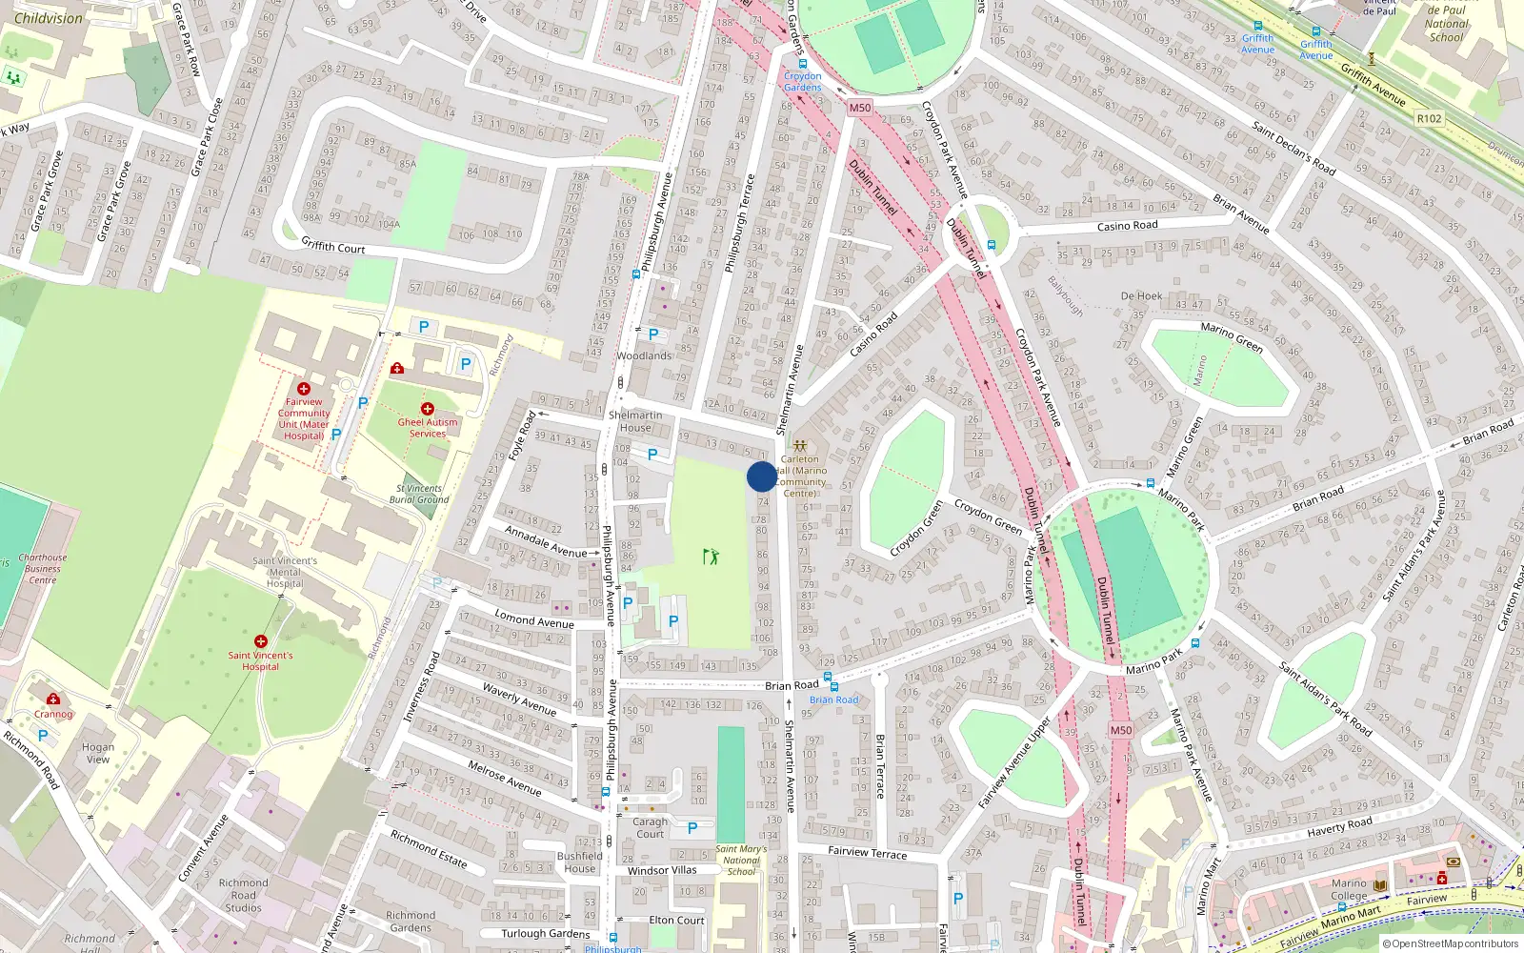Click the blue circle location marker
click(762, 476)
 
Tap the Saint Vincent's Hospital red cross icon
click(261, 641)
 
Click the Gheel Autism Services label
click(428, 428)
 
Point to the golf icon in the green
click(711, 557)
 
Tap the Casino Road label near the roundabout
click(1127, 226)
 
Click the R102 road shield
click(1429, 118)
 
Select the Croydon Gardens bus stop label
click(803, 81)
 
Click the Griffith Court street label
click(333, 247)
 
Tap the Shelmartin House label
click(635, 421)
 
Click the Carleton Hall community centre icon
click(800, 445)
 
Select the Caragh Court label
click(651, 827)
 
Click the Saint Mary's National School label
click(741, 860)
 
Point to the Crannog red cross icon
click(53, 700)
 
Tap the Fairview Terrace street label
click(867, 852)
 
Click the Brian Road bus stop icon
click(833, 686)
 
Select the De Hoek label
click(1141, 296)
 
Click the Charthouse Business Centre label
click(43, 569)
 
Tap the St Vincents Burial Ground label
click(419, 494)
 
